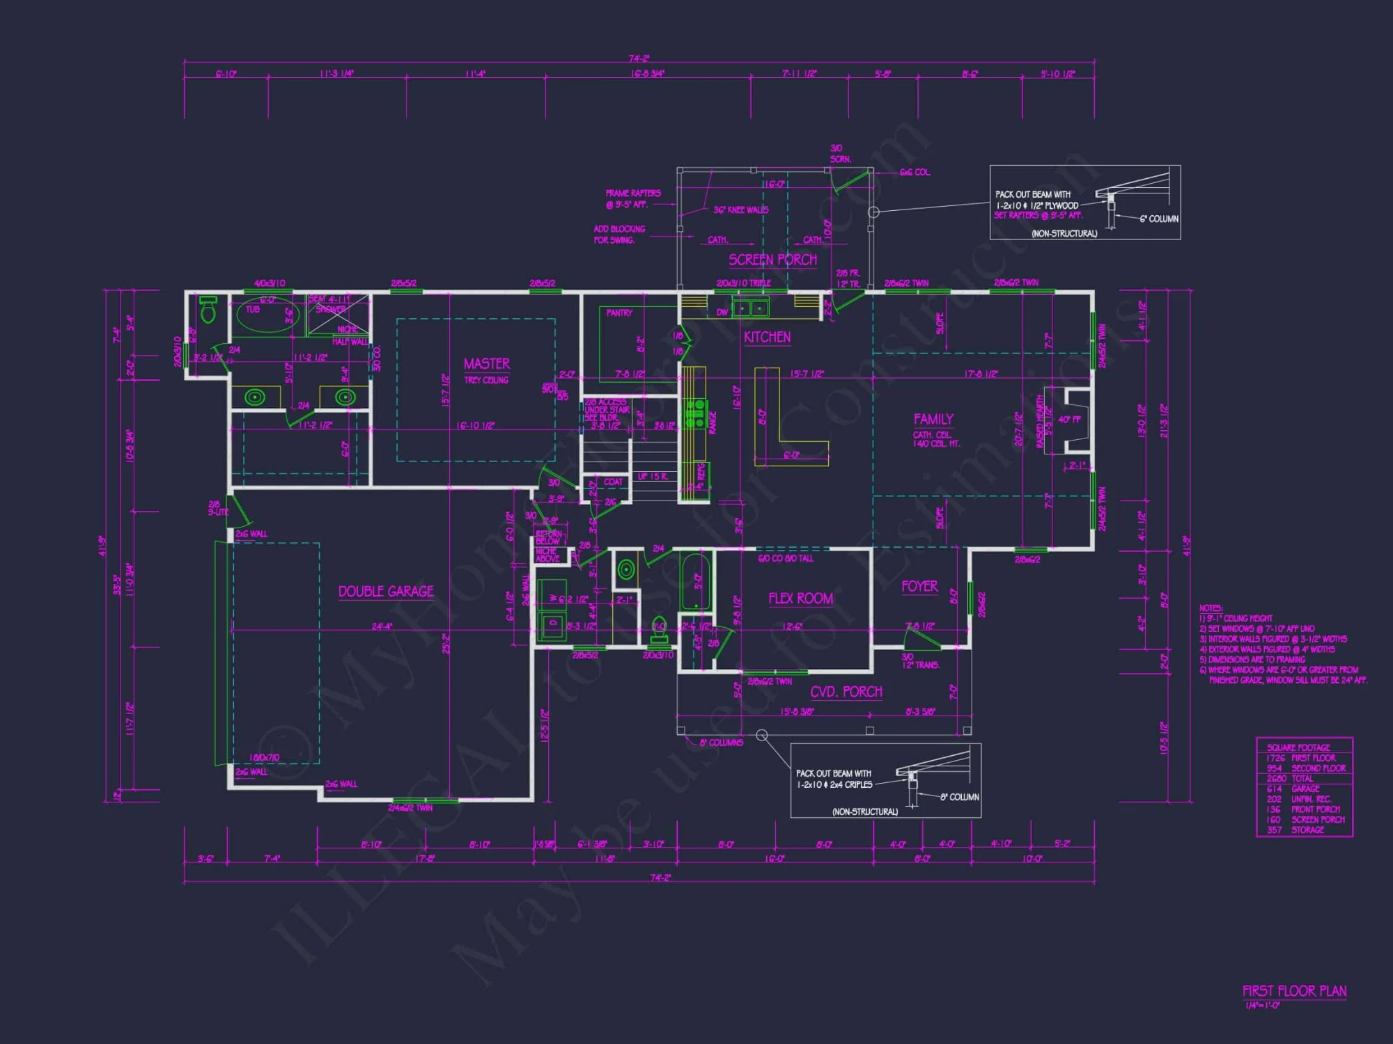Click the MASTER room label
click(487, 364)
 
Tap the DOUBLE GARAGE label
click(386, 592)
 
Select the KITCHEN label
click(767, 338)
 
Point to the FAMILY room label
click(933, 419)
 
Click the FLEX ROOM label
click(800, 599)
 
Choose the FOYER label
click(919, 587)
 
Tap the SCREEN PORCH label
click(772, 260)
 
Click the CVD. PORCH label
click(846, 692)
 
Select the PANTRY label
click(619, 313)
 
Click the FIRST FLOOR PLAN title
click(1294, 991)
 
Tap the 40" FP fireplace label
click(1069, 420)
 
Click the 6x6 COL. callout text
click(915, 173)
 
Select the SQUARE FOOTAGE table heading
click(1298, 748)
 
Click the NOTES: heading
click(1211, 608)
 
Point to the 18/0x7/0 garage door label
click(264, 758)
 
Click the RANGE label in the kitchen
click(713, 422)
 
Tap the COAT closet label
click(613, 482)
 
